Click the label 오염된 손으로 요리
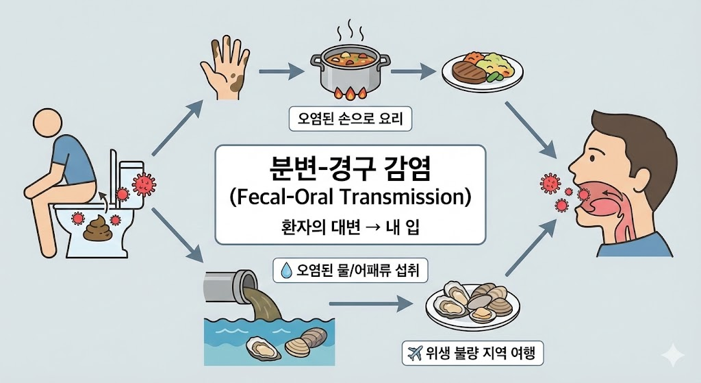point(350,121)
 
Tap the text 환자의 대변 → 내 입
point(350,227)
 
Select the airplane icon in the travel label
point(413,353)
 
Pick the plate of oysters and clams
point(472,305)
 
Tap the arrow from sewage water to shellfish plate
point(370,304)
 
